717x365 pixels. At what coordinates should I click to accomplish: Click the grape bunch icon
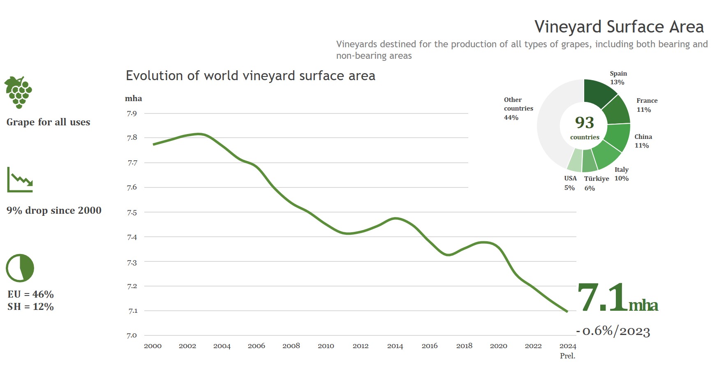19,92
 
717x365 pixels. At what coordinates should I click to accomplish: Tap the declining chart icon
20,180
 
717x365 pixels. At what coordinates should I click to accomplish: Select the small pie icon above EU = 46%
20,268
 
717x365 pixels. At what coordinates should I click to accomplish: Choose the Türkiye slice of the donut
590,162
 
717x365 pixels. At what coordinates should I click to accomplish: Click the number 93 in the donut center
584,122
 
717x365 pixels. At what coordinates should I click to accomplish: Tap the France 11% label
646,105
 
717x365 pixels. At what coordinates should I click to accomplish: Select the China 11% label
643,141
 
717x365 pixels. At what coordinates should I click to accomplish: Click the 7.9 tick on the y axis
132,113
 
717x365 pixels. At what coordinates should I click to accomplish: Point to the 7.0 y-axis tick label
132,335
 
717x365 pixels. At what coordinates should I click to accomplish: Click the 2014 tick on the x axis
395,346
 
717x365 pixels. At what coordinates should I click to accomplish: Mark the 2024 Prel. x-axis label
568,351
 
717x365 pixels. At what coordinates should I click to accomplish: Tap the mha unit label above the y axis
134,99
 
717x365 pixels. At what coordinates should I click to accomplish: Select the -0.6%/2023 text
613,331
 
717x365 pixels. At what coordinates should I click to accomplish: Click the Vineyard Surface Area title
619,27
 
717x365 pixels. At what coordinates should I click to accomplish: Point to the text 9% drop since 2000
54,210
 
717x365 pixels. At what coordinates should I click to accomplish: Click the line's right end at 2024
567,312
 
